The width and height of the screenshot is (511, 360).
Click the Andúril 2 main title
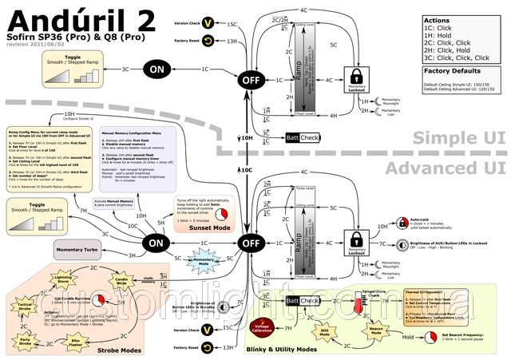click(x=69, y=19)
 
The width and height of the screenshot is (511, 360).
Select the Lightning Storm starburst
click(x=63, y=279)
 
